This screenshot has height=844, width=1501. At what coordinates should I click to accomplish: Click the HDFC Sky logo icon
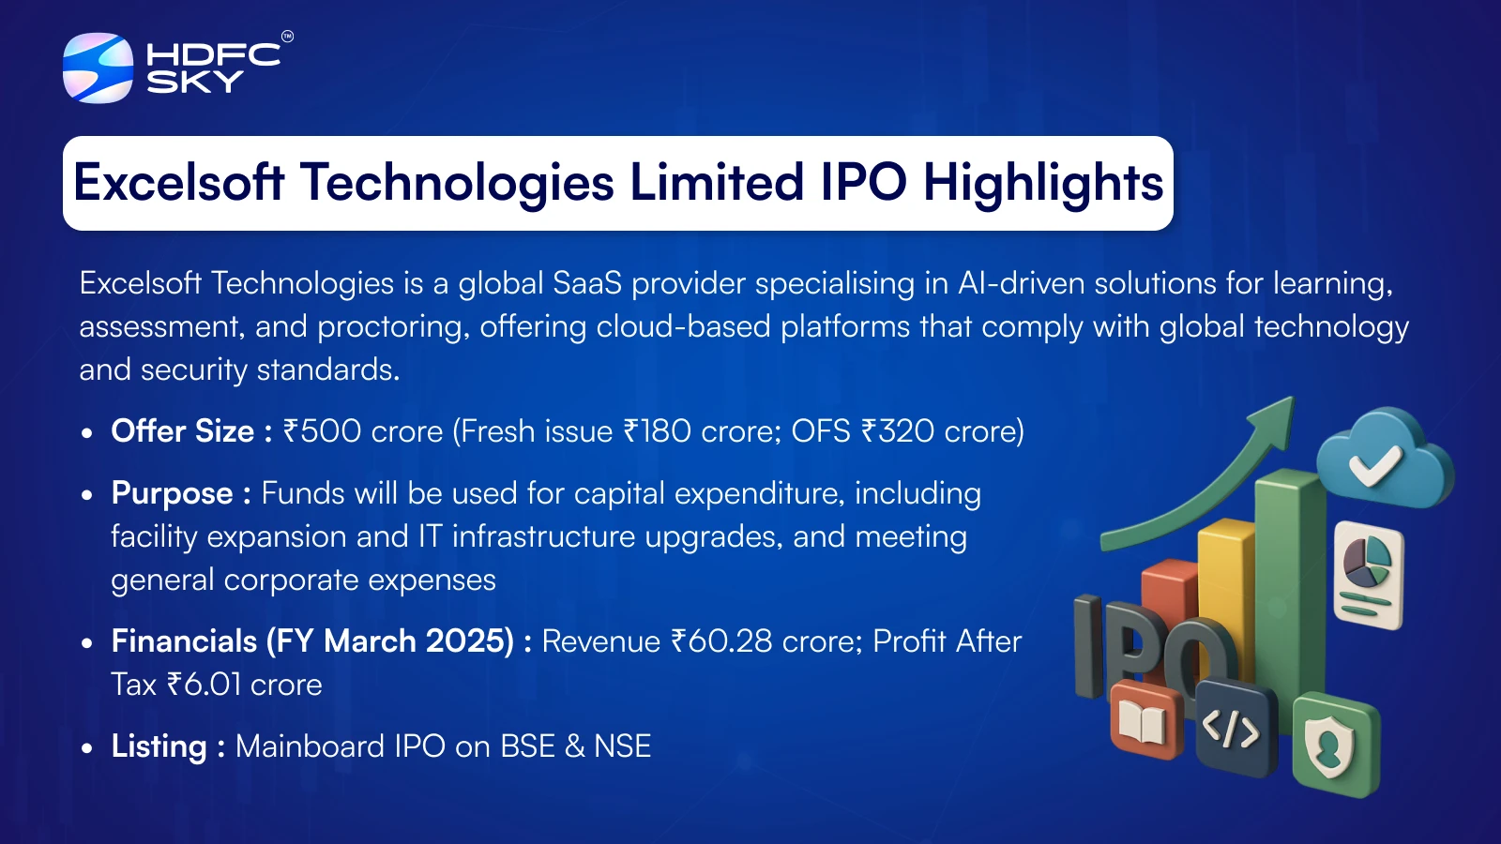point(98,68)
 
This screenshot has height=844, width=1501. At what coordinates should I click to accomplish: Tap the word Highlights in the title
point(1043,184)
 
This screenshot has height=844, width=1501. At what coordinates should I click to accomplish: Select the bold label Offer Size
point(182,430)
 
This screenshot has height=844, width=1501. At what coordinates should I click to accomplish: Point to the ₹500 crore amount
point(363,430)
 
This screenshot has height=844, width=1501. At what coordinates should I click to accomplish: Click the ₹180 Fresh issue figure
point(657,430)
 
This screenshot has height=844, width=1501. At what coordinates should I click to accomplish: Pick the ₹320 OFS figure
point(897,430)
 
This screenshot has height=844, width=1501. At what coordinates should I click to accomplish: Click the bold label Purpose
point(173,494)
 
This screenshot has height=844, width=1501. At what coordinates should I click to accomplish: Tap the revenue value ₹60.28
point(721,641)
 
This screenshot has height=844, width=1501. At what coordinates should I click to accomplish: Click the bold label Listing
point(159,746)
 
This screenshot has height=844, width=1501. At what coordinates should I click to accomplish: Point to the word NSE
point(623,746)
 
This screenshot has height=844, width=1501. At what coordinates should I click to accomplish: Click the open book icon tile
point(1145,720)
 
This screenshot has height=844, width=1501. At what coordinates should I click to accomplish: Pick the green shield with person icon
point(1335,745)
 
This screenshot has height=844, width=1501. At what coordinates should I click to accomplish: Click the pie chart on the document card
point(1367,559)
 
